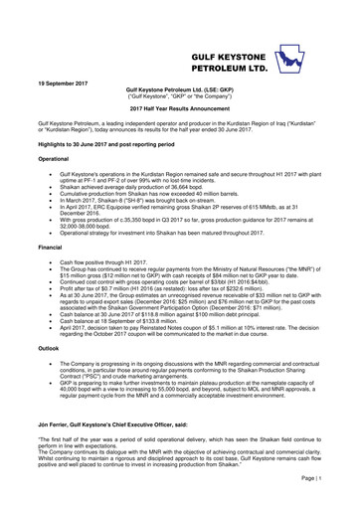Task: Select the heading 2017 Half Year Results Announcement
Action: (x=180, y=105)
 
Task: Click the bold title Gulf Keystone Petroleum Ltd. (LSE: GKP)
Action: (x=180, y=87)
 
